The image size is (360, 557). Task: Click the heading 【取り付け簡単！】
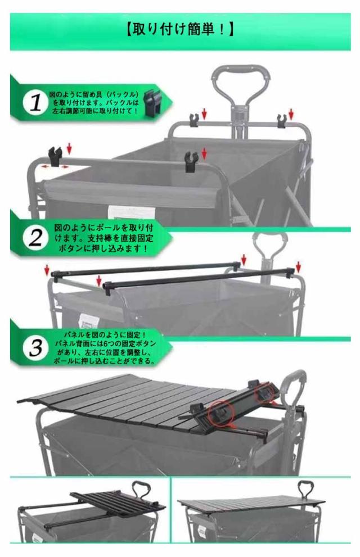180,29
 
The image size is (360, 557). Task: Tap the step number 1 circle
35,103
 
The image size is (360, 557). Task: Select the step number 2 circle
35,238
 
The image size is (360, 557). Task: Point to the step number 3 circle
35,348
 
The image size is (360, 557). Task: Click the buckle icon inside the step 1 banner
152,102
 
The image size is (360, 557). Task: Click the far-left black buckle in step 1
55,156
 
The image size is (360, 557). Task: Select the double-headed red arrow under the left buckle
55,166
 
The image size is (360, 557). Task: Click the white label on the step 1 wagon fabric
132,212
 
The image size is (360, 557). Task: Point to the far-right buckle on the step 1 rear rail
282,121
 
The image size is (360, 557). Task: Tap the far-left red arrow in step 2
47,270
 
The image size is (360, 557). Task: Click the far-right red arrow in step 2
298,267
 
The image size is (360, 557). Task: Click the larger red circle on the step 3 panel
219,413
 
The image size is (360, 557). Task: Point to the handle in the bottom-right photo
305,490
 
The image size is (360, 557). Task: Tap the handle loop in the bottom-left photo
141,491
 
